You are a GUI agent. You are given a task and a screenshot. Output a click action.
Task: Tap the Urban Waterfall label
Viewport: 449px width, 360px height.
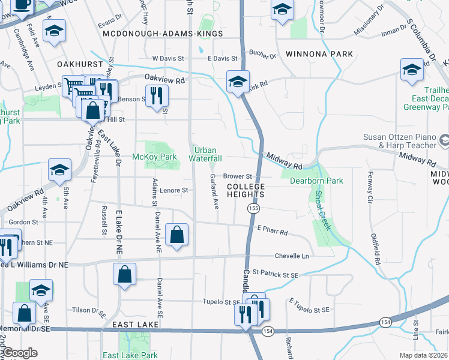[206, 154]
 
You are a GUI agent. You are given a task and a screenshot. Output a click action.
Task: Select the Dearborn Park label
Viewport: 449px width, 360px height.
[316, 181]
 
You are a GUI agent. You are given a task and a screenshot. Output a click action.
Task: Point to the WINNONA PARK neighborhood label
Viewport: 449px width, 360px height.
[319, 54]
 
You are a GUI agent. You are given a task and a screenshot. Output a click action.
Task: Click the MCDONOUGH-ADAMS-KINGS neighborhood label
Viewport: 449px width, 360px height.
[163, 34]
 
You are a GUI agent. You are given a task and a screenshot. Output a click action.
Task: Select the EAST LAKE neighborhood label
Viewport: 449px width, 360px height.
[136, 325]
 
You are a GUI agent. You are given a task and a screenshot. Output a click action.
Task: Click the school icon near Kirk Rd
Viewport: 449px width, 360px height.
[238, 81]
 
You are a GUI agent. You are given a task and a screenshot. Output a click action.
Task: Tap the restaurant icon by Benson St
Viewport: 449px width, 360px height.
[157, 95]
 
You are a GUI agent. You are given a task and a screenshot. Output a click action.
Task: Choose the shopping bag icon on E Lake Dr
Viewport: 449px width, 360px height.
[124, 275]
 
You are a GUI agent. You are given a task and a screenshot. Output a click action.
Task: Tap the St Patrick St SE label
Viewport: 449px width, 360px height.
[275, 274]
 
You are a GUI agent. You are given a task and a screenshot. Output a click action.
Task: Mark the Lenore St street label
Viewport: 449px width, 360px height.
[174, 190]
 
